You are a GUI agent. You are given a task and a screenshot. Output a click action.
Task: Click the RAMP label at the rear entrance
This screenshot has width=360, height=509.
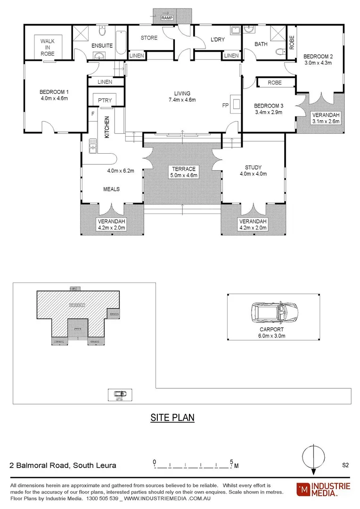pos(167,18)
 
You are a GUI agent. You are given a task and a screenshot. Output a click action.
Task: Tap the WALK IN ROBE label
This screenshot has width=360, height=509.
pos(47,48)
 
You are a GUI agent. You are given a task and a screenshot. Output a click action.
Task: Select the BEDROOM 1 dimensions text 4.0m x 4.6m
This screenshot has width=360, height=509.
pos(55,99)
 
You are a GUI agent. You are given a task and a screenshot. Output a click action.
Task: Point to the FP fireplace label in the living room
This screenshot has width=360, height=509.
pos(225,106)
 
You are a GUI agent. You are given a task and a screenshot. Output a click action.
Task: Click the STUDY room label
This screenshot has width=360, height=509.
pos(253,167)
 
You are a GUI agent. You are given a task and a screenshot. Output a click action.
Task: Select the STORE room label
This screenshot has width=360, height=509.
pos(149,38)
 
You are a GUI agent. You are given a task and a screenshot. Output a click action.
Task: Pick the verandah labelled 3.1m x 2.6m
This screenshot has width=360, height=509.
pos(326,118)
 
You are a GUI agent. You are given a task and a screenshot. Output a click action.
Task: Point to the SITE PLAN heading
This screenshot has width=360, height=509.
pos(172,418)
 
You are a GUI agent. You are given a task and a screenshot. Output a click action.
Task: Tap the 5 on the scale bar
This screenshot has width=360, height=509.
pos(231,461)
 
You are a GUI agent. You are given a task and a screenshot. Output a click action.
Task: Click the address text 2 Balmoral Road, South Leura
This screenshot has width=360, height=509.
pos(63,465)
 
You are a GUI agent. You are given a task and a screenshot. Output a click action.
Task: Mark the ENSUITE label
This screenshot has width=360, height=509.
pos(102,46)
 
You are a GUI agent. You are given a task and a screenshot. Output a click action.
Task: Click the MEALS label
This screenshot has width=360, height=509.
pos(112,189)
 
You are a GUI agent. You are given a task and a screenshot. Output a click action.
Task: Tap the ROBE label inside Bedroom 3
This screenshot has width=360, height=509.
pos(274,82)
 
